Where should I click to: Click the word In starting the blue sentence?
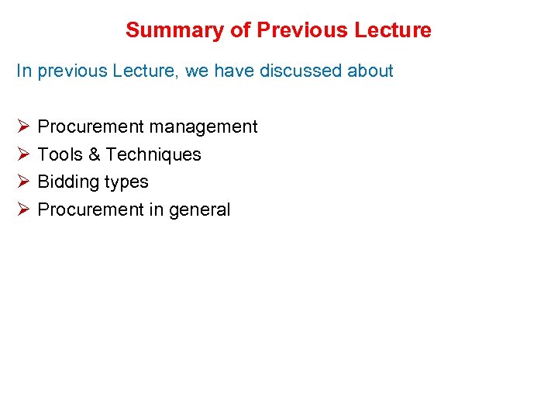pos(24,71)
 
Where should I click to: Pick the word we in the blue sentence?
pos(197,71)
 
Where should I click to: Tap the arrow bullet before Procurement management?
pos(22,126)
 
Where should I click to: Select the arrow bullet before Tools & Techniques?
pos(22,154)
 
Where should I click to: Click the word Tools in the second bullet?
pos(60,154)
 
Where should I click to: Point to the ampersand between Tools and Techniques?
pos(94,154)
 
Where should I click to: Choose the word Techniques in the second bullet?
pos(153,154)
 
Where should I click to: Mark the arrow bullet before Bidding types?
pos(22,182)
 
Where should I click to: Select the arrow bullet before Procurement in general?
pos(22,209)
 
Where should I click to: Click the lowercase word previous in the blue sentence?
pos(74,71)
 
